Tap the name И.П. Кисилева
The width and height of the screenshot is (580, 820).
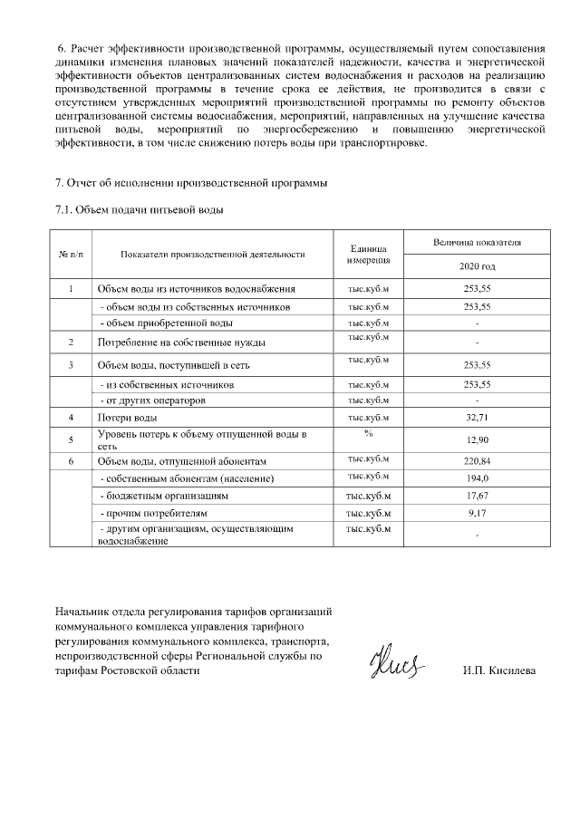pyautogui.click(x=498, y=670)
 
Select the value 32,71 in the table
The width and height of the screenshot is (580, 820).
pyautogui.click(x=477, y=418)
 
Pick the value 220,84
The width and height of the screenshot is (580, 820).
pyautogui.click(x=477, y=460)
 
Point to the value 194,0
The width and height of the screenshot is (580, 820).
pyautogui.click(x=477, y=478)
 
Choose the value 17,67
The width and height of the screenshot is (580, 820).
pyautogui.click(x=477, y=497)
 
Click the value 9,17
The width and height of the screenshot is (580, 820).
pyautogui.click(x=477, y=514)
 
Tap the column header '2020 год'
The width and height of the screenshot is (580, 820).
pyautogui.click(x=477, y=268)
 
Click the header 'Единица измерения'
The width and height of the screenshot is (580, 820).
pyautogui.click(x=368, y=255)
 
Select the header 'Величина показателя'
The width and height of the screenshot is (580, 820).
pyautogui.click(x=477, y=243)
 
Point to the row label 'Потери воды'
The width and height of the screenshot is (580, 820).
pyautogui.click(x=127, y=418)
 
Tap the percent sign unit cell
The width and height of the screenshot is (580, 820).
pyautogui.click(x=368, y=434)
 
